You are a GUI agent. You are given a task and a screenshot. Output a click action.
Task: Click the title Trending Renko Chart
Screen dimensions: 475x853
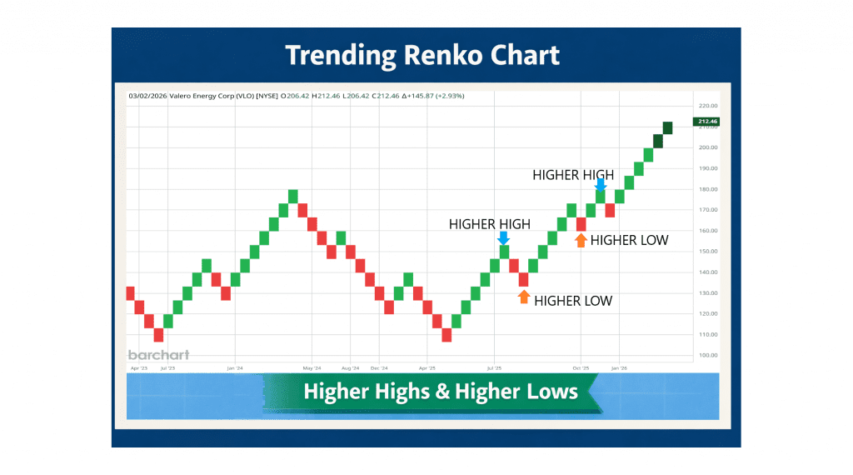coord(422,56)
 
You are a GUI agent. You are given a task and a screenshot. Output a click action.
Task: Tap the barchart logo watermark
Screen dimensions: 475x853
coord(158,355)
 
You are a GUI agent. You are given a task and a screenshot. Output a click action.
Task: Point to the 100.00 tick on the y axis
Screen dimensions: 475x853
coord(708,355)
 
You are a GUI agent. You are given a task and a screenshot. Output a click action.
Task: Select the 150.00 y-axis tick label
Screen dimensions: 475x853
coord(708,252)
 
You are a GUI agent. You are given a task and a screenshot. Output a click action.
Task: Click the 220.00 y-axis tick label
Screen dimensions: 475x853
coord(708,106)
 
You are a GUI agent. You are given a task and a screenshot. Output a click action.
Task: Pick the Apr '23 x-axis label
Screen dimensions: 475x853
coord(138,367)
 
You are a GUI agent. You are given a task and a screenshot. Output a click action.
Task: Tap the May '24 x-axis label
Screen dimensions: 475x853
coord(312,367)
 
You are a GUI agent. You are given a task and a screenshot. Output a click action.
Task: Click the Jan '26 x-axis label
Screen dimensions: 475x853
coord(618,367)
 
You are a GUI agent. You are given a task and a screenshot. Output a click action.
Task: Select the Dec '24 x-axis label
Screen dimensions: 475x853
coord(379,367)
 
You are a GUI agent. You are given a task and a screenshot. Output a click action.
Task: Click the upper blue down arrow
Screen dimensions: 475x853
coord(601,186)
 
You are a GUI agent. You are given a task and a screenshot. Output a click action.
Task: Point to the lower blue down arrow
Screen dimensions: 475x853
coord(503,237)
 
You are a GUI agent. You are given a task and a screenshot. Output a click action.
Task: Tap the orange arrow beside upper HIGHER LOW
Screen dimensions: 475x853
coord(581,240)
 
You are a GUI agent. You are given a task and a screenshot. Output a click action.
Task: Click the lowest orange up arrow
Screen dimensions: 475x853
coord(524,296)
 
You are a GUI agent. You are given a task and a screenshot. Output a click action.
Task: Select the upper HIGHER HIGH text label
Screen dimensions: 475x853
coord(573,175)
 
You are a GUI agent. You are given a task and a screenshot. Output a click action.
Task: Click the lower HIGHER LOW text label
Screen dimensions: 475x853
coord(573,301)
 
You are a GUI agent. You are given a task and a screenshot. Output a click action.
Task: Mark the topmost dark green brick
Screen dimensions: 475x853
coord(667,127)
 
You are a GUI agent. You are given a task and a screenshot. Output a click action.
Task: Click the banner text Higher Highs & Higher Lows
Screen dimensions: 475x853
coord(441,391)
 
